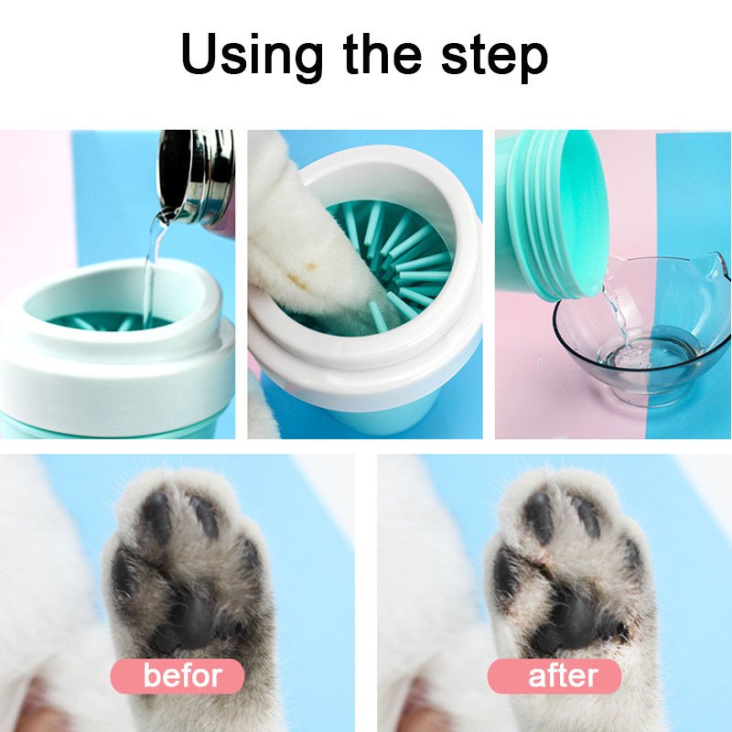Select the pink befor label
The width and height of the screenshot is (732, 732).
point(178,676)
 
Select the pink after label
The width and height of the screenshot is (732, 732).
point(554,676)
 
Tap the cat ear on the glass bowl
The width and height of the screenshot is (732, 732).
point(710,271)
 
